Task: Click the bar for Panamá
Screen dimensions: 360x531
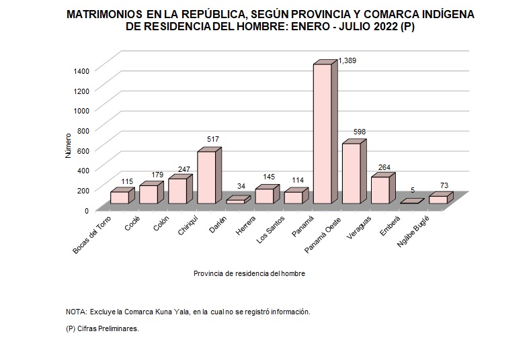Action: [323, 134]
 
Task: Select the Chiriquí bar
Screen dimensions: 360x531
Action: [207, 177]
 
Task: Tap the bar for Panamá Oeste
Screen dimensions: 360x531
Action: [352, 174]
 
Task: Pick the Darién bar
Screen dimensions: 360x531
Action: [236, 201]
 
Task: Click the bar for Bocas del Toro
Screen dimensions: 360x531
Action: [120, 197]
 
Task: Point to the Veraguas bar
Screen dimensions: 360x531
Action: [380, 190]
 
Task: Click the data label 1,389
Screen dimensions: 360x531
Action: [348, 60]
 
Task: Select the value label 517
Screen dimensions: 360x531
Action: [212, 139]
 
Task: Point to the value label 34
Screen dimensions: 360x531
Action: [241, 187]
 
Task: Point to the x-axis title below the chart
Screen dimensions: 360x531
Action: [249, 273]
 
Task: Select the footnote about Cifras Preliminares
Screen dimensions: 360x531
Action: [102, 329]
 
